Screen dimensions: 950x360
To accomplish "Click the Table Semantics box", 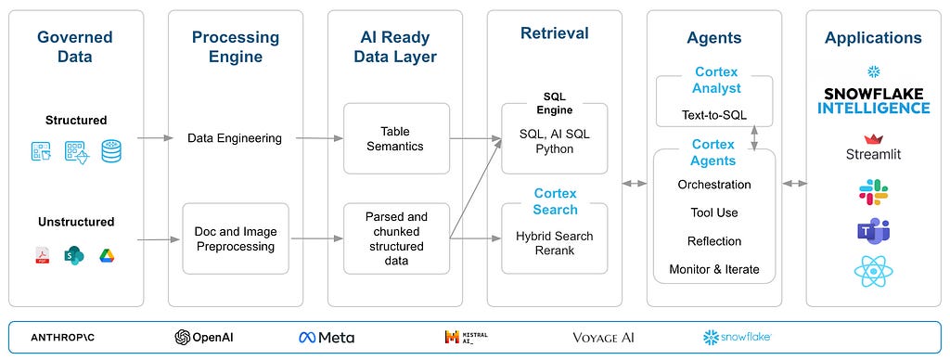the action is [x=396, y=139].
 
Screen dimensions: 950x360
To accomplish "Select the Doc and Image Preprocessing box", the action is [x=236, y=238].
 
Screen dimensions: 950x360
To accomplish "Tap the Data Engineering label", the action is [x=235, y=138].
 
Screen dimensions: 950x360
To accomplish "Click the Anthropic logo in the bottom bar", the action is [x=62, y=338].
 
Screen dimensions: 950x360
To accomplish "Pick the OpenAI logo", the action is [x=203, y=338].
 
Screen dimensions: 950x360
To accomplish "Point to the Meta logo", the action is [x=327, y=338].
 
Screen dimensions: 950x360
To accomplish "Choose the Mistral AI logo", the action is [x=466, y=337].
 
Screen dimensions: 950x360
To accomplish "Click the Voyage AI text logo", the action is [x=603, y=338].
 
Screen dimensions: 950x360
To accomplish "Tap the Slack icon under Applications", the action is [x=873, y=192].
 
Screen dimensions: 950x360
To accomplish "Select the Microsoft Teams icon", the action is [x=873, y=232].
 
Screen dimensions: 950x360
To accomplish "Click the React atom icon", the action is [x=873, y=271].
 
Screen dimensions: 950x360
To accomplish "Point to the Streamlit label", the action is [x=873, y=154].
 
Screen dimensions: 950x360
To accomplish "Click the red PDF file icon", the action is [x=42, y=256].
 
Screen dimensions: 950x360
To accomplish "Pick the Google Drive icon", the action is [x=108, y=256].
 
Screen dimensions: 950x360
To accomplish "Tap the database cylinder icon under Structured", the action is [x=111, y=151].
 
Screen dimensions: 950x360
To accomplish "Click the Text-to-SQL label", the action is [x=714, y=114].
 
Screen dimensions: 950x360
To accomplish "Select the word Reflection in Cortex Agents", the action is [x=714, y=241].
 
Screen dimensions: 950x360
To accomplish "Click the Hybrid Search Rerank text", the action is [x=555, y=243].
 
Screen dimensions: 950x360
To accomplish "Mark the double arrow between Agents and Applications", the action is [x=795, y=183].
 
